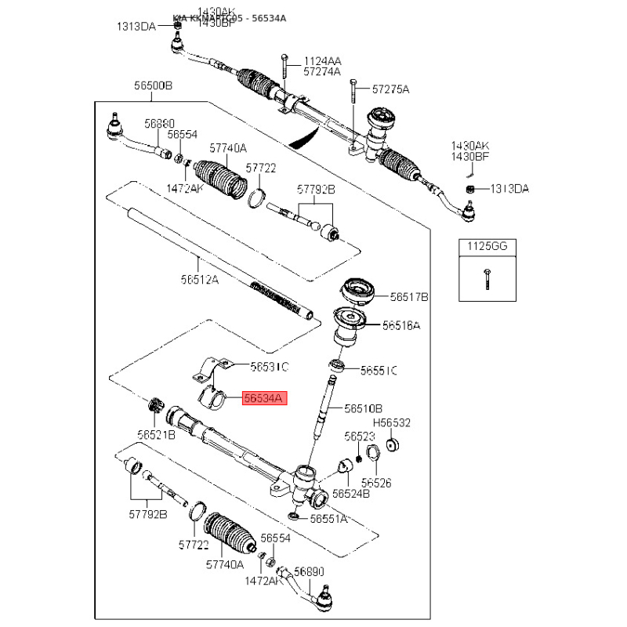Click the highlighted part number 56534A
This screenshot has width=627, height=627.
click(x=265, y=398)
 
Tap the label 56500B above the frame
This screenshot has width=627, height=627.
click(x=153, y=85)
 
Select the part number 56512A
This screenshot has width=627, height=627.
click(x=200, y=278)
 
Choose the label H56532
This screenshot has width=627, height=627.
click(x=392, y=423)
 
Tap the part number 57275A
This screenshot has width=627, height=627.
click(x=390, y=89)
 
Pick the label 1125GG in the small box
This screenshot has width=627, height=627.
click(x=487, y=246)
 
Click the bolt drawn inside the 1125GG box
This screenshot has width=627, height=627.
click(x=487, y=278)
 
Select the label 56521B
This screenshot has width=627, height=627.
click(x=157, y=434)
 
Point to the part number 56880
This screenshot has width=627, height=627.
click(x=159, y=124)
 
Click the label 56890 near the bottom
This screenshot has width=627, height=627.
click(x=308, y=572)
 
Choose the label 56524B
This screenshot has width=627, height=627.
click(x=351, y=494)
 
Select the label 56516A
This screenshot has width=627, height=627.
click(x=401, y=324)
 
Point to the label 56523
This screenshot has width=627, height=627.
click(x=361, y=436)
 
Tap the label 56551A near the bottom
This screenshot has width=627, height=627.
click(x=329, y=518)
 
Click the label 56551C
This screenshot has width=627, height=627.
click(x=379, y=369)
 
